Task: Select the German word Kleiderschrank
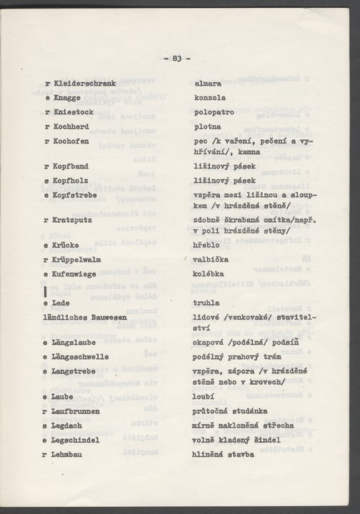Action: pyautogui.click(x=84, y=84)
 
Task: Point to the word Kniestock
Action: pyautogui.click(x=74, y=111)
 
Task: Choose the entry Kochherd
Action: pyautogui.click(x=74, y=126)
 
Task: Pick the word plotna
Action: pyautogui.click(x=208, y=126)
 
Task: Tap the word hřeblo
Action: pyautogui.click(x=208, y=245)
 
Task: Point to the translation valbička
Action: pyautogui.click(x=212, y=259)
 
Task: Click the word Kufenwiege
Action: pyautogui.click(x=78, y=273)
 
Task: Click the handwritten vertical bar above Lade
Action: pyautogui.click(x=45, y=291)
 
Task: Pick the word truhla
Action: pyautogui.click(x=206, y=303)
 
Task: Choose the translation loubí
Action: pyautogui.click(x=204, y=397)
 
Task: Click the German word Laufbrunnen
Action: pyautogui.click(x=76, y=411)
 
